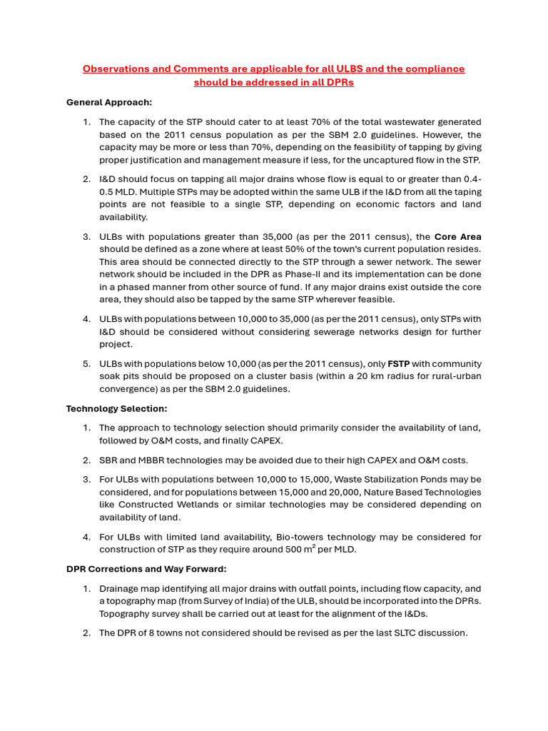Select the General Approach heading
pyautogui.click(x=109, y=102)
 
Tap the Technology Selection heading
pyautogui.click(x=117, y=408)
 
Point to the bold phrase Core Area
pyautogui.click(x=458, y=236)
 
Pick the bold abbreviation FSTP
pyautogui.click(x=398, y=363)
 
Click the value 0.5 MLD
pyautogui.click(x=122, y=192)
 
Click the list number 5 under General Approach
pyautogui.click(x=86, y=363)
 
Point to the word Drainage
pyautogui.click(x=120, y=588)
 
